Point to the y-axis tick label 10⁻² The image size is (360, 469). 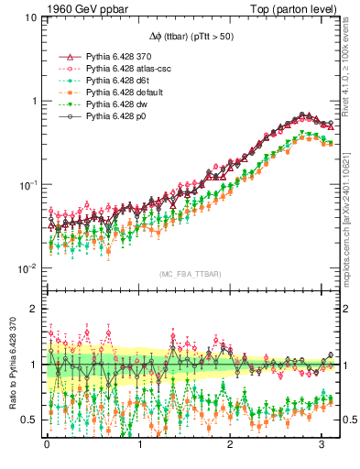27,267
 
